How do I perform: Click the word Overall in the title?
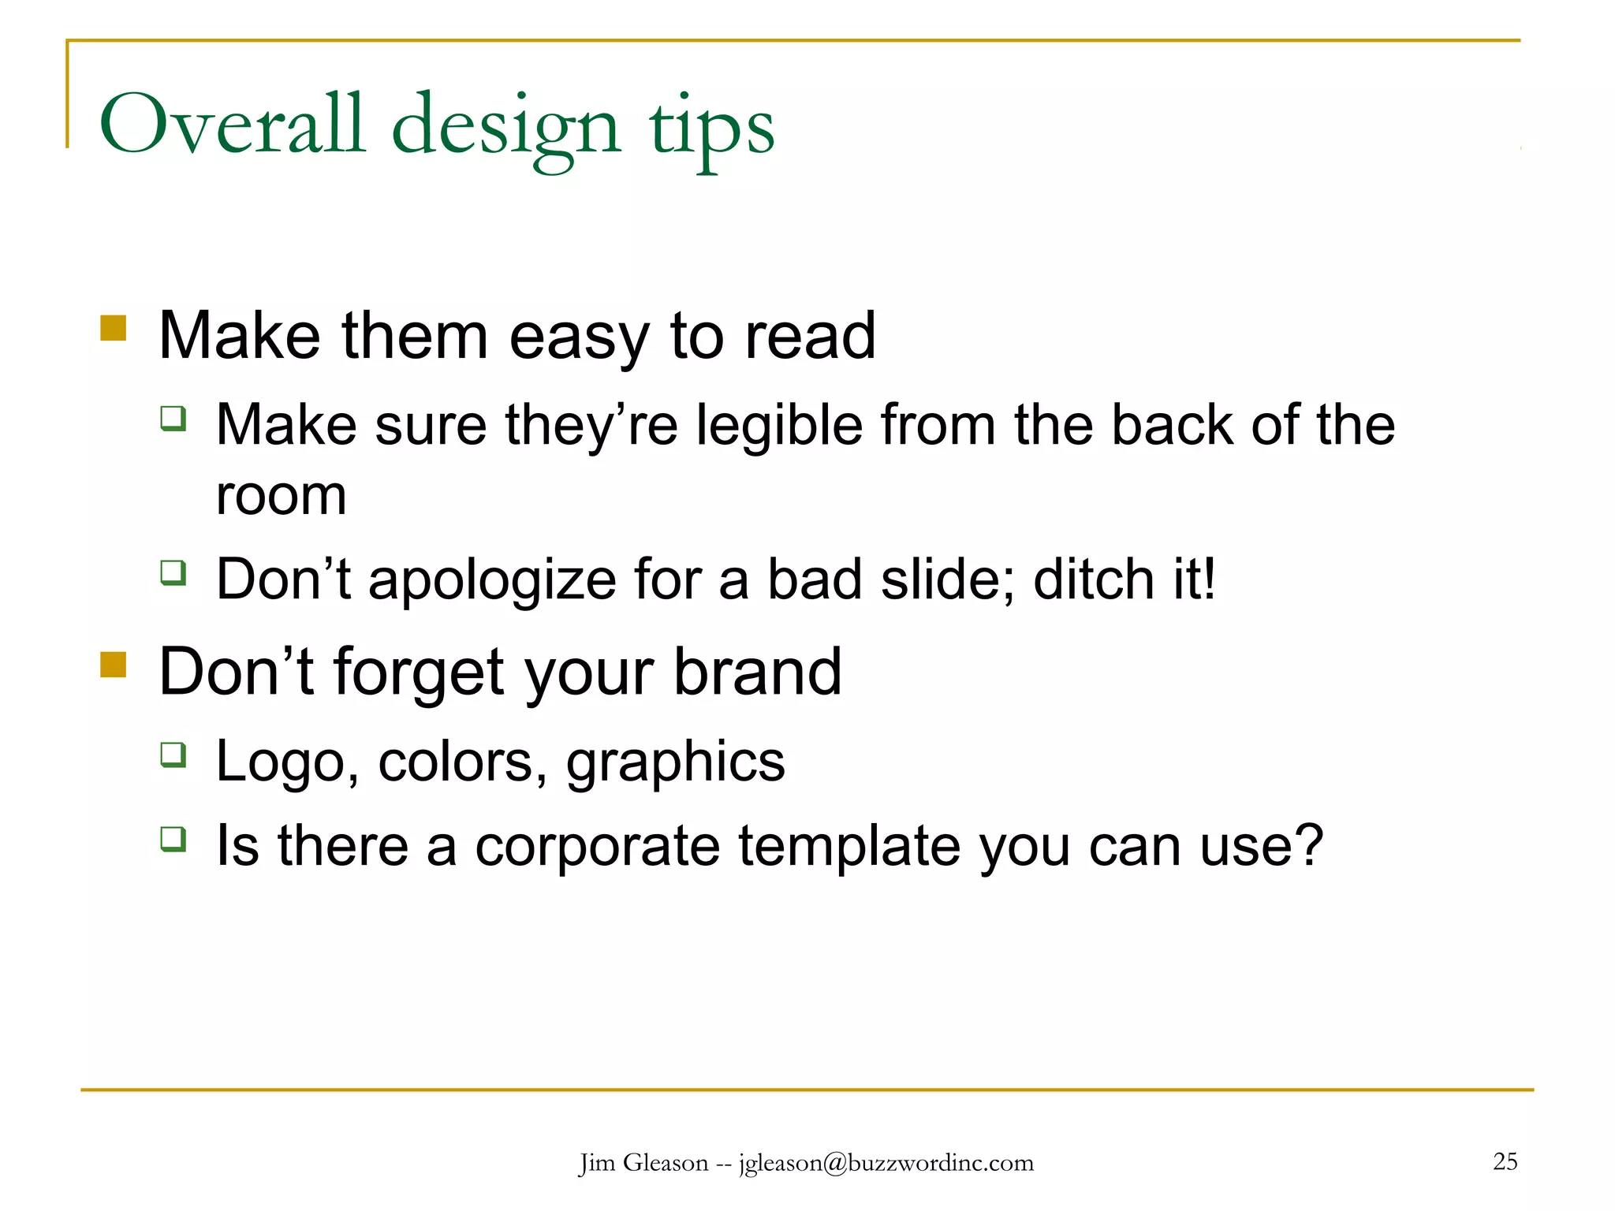(x=233, y=125)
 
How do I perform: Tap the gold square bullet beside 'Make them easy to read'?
(x=114, y=328)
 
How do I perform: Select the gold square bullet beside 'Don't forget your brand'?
(x=114, y=664)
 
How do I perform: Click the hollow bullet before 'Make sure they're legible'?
(x=173, y=417)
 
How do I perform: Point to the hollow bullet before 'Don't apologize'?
(x=173, y=572)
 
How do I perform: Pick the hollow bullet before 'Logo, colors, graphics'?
(x=173, y=754)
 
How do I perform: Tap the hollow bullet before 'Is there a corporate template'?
(x=173, y=838)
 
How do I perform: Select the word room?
(x=282, y=497)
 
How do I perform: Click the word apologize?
(x=492, y=580)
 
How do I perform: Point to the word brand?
(x=758, y=672)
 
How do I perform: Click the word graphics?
(x=676, y=762)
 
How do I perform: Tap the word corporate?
(x=598, y=847)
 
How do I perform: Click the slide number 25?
(x=1505, y=1161)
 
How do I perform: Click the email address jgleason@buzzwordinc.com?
(x=886, y=1163)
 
